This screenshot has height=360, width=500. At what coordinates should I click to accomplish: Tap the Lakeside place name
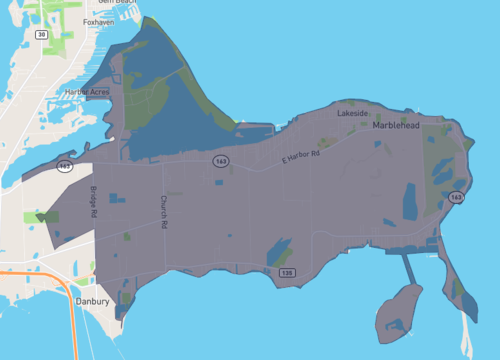[x=353, y=114]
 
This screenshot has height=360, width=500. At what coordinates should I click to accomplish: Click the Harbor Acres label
[x=87, y=92]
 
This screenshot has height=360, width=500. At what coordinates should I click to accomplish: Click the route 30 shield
[x=41, y=34]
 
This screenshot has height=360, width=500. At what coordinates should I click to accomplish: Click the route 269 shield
[x=65, y=165]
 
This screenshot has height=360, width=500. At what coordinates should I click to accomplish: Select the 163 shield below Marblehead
[x=456, y=198]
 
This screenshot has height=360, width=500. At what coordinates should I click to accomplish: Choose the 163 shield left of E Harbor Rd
[x=217, y=160]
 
